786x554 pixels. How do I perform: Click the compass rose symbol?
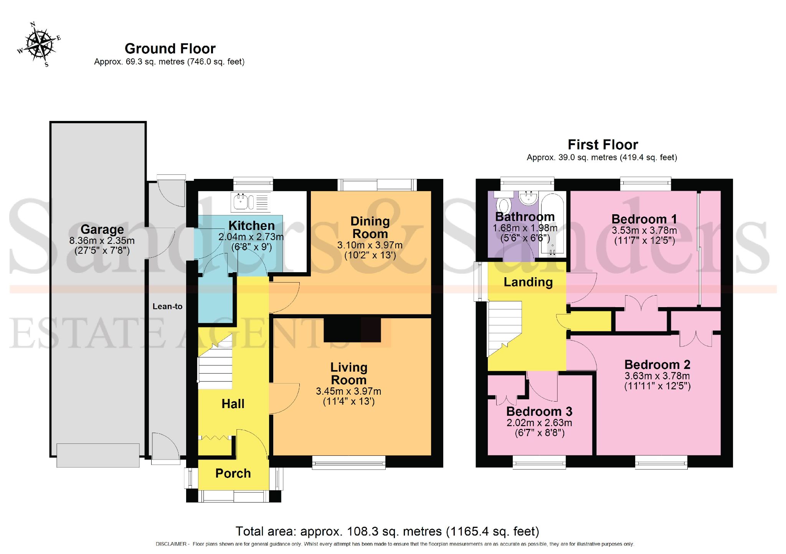point(39,45)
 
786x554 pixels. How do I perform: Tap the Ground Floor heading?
point(170,49)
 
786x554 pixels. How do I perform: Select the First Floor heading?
point(603,145)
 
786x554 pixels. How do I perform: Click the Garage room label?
point(102,229)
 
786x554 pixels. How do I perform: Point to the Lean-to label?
point(167,306)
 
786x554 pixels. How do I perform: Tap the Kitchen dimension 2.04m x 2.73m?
point(251,237)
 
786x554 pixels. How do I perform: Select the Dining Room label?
point(370,227)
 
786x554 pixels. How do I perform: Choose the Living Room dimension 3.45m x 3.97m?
point(348,391)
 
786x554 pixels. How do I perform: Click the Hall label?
point(233,404)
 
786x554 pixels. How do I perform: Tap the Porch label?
point(233,473)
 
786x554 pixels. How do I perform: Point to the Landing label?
point(528,282)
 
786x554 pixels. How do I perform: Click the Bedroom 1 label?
point(644,219)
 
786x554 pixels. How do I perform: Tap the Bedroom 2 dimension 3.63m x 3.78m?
point(657,376)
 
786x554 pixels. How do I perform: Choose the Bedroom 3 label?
point(539,412)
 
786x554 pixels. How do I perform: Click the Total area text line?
point(387,531)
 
